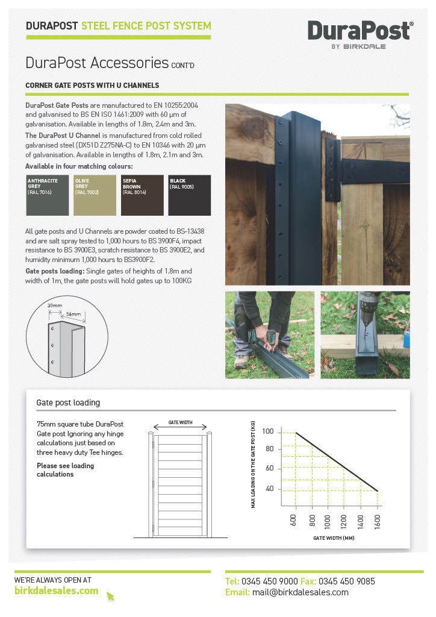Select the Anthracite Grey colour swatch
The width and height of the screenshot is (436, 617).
click(47, 195)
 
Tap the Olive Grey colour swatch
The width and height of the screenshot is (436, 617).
click(95, 195)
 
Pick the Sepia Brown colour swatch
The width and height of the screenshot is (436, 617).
click(142, 195)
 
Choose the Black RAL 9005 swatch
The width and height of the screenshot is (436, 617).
click(190, 195)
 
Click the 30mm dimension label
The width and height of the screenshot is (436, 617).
click(55, 305)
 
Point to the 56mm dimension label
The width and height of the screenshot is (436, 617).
click(73, 314)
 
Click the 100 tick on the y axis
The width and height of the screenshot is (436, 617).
click(268, 431)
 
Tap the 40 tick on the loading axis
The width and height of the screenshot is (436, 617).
click(269, 489)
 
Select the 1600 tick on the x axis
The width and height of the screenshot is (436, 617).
click(378, 518)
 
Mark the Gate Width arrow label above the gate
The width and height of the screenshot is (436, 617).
click(180, 422)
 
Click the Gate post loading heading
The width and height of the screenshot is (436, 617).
click(68, 402)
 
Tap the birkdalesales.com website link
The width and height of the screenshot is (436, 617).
click(56, 590)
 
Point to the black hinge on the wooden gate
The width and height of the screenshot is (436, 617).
click(367, 171)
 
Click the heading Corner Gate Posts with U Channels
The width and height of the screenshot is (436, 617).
click(92, 86)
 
